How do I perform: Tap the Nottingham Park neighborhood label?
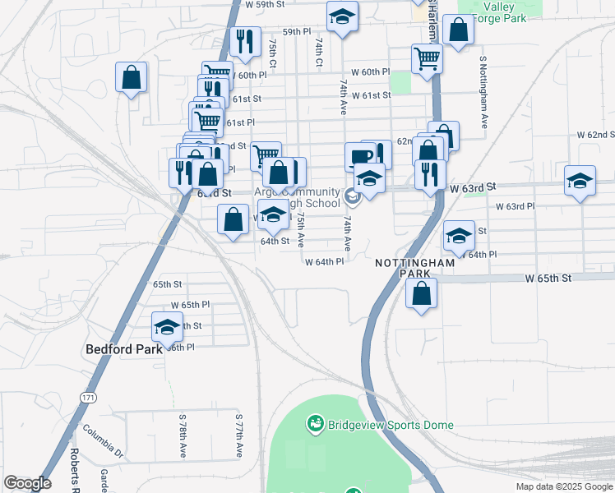coord(414,268)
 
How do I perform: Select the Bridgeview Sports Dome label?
coord(391,425)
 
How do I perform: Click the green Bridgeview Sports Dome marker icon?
coord(314,425)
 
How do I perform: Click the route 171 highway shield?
coord(88,397)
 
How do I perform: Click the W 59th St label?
coord(266,4)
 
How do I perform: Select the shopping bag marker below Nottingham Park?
coord(422,293)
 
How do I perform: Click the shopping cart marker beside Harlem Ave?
coord(427,58)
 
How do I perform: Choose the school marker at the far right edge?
coord(580,180)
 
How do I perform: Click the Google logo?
coord(27,483)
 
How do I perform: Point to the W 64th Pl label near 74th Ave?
coord(324,262)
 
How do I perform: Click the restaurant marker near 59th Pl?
coord(243,42)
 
